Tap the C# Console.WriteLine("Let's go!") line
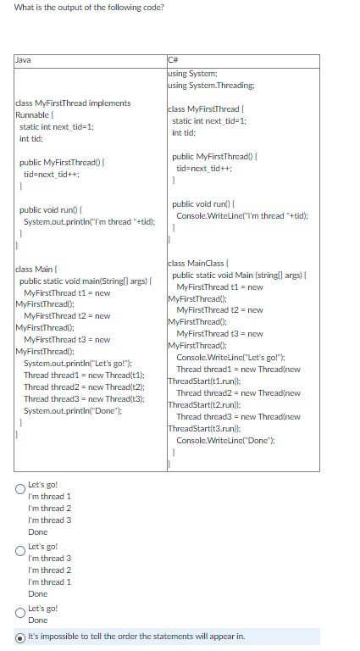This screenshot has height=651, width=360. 224,358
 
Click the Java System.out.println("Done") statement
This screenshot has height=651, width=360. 71,410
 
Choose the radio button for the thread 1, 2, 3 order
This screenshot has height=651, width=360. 20,489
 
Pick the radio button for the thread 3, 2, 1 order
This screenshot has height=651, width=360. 20,551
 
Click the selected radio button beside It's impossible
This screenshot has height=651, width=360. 20,637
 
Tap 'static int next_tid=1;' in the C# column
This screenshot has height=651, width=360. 208,120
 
